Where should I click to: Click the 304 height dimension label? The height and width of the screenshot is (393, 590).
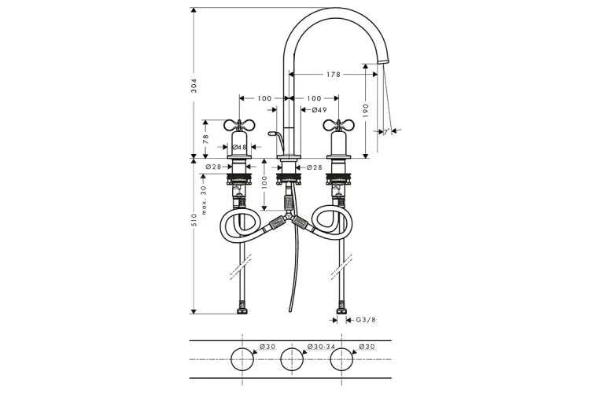tap(194, 86)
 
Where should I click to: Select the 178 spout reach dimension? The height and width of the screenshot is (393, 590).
tap(334, 75)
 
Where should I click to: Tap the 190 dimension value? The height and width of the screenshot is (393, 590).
tap(366, 111)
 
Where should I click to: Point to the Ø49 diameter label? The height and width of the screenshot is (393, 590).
tap(319, 110)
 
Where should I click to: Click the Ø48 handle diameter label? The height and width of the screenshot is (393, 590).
tap(239, 147)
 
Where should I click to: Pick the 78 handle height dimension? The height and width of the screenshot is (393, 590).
tap(205, 139)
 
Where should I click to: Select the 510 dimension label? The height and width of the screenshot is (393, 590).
tap(194, 220)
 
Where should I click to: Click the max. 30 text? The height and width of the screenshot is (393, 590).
tap(204, 200)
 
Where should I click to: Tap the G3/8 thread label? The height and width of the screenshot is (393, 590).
tap(366, 320)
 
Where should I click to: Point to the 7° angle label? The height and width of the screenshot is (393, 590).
tap(386, 132)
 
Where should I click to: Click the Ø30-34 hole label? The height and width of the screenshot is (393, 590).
tap(320, 347)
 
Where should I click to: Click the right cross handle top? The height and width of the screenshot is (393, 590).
tap(338, 124)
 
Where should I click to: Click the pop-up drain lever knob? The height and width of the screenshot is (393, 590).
tap(271, 134)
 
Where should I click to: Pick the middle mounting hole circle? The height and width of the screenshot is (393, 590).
tap(292, 359)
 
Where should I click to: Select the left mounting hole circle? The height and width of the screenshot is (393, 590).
tap(242, 359)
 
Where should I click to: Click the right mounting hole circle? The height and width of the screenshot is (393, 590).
tap(341, 359)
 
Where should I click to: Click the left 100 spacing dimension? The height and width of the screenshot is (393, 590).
tap(264, 98)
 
